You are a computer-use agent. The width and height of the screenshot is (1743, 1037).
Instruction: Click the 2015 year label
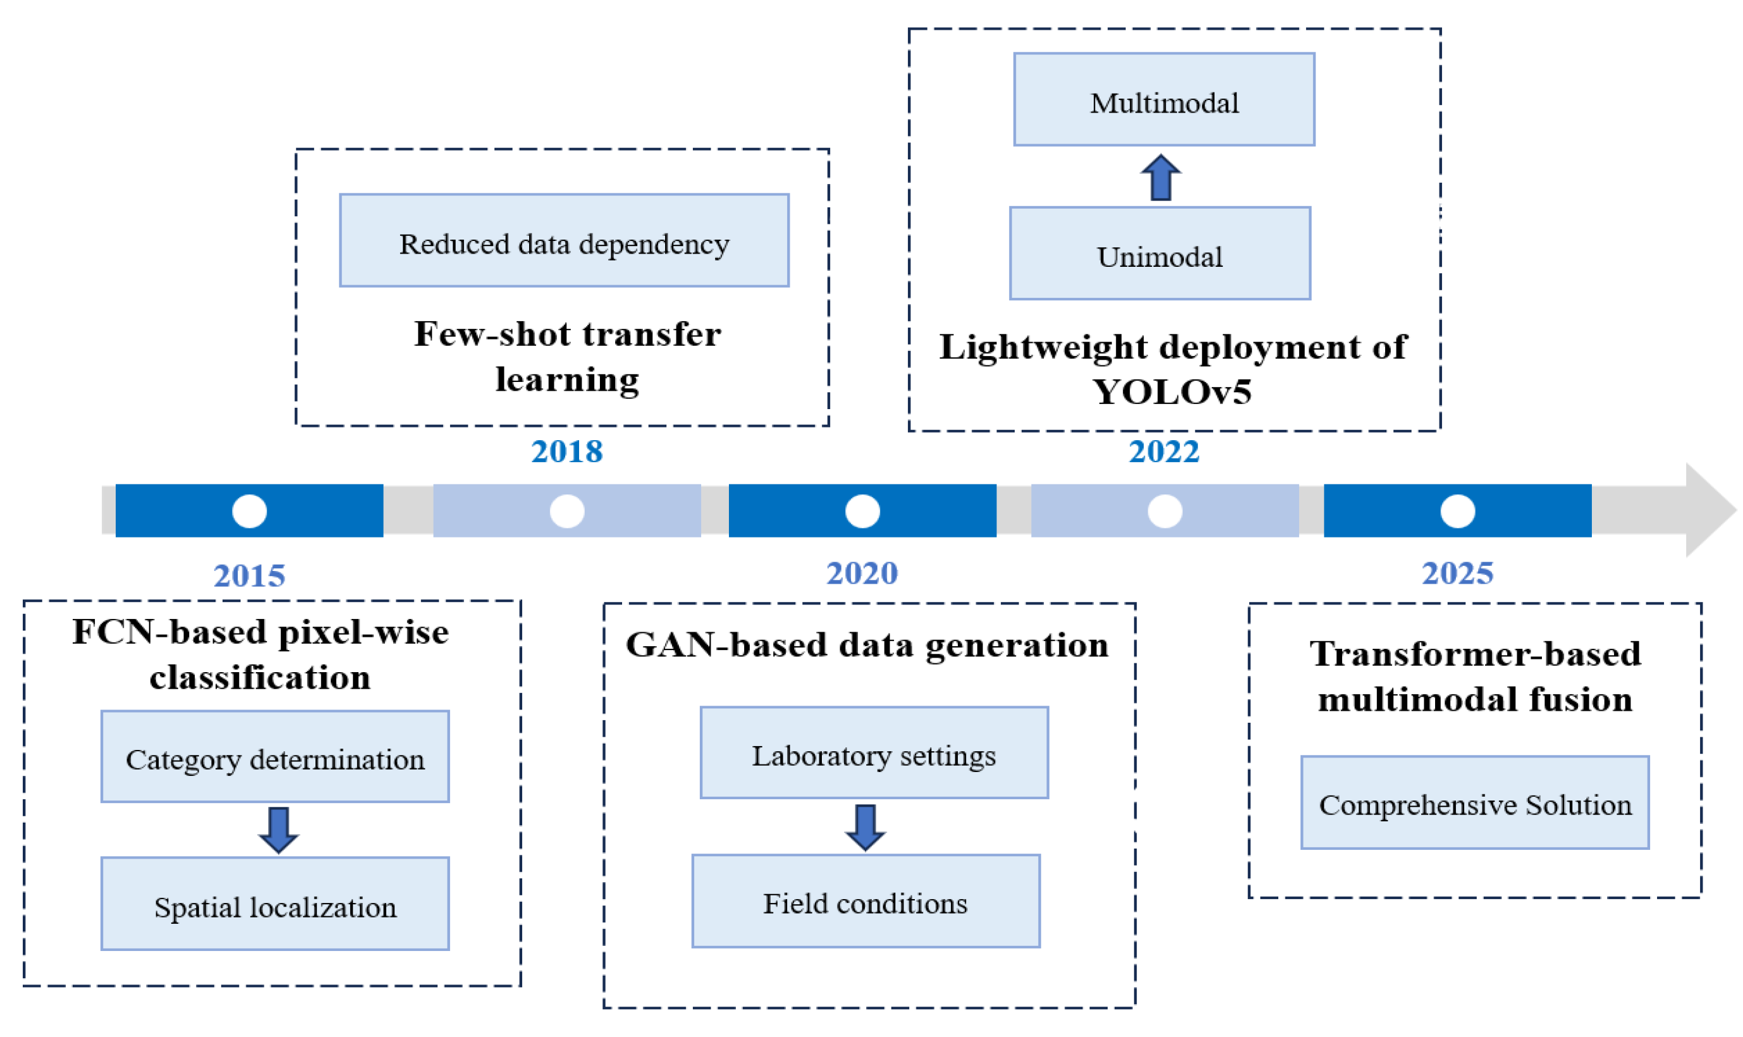pyautogui.click(x=249, y=576)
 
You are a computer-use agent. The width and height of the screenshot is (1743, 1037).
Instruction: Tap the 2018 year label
pyautogui.click(x=566, y=451)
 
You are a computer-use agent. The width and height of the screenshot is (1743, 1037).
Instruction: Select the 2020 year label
pyautogui.click(x=862, y=574)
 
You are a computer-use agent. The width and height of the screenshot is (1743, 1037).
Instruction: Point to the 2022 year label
pyautogui.click(x=1164, y=451)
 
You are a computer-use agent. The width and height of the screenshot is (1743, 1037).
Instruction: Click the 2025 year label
pyautogui.click(x=1457, y=574)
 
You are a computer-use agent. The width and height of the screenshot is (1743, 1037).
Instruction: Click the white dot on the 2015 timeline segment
pyautogui.click(x=249, y=511)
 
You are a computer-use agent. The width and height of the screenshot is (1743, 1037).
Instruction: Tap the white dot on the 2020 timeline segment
pyautogui.click(x=862, y=511)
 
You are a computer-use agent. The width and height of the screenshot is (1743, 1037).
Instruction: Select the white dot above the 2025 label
pyautogui.click(x=1457, y=511)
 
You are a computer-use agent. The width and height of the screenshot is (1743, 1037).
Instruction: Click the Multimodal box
pyautogui.click(x=1164, y=99)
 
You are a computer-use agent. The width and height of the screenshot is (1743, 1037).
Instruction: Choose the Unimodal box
pyautogui.click(x=1159, y=253)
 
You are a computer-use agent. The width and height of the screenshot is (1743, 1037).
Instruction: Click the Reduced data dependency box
pyautogui.click(x=564, y=240)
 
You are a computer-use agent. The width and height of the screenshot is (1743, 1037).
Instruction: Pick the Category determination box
pyautogui.click(x=274, y=757)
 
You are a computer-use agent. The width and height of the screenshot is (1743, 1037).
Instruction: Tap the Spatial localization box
pyautogui.click(x=274, y=904)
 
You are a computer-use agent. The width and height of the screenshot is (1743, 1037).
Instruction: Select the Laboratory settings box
pyautogui.click(x=874, y=752)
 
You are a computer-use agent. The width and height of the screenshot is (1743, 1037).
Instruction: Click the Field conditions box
pyautogui.click(x=865, y=901)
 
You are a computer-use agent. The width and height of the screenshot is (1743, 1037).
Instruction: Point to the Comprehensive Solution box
pyautogui.click(x=1475, y=802)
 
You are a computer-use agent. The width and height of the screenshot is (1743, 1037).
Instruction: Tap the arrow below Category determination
pyautogui.click(x=278, y=830)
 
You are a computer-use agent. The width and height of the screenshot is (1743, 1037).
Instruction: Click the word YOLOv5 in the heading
pyautogui.click(x=1171, y=392)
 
